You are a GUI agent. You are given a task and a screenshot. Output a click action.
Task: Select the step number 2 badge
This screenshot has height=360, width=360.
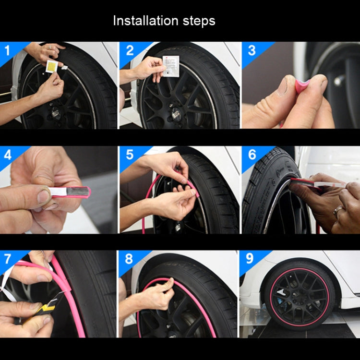(x=129, y=49)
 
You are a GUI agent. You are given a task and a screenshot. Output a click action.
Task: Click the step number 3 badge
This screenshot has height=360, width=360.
(x=251, y=50)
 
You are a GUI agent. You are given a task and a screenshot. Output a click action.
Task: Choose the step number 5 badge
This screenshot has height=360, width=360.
(x=129, y=155)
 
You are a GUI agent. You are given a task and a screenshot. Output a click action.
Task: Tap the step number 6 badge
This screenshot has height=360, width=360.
(x=252, y=155)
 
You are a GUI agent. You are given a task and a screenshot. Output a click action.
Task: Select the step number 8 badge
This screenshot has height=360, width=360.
(x=129, y=259)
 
